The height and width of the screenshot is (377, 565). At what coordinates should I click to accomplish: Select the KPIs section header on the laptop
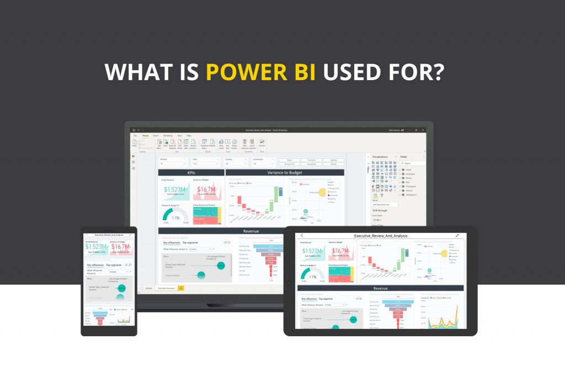(191, 173)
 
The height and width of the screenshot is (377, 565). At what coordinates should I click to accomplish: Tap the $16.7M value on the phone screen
(121, 246)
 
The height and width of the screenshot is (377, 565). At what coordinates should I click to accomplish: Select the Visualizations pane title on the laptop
(380, 157)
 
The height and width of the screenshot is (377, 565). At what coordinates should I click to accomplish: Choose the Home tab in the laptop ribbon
(145, 135)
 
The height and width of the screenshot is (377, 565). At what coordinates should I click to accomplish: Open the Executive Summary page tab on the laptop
(166, 288)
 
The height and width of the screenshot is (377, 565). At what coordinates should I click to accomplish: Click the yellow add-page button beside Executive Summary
(181, 288)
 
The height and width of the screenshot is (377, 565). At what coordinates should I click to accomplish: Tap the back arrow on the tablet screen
(302, 236)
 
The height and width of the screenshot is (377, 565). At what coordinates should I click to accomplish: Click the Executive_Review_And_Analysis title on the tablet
(381, 236)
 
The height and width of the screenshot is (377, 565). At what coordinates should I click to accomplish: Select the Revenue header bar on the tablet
(381, 288)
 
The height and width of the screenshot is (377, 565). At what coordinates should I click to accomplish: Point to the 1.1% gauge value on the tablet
(313, 277)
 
